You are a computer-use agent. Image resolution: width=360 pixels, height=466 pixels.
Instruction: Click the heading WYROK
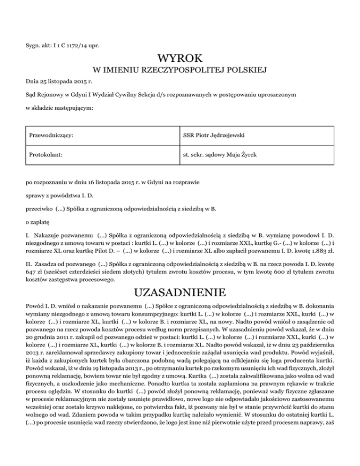coord(180,59)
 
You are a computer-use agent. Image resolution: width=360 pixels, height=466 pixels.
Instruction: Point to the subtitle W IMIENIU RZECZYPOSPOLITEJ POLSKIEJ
coord(180,71)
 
